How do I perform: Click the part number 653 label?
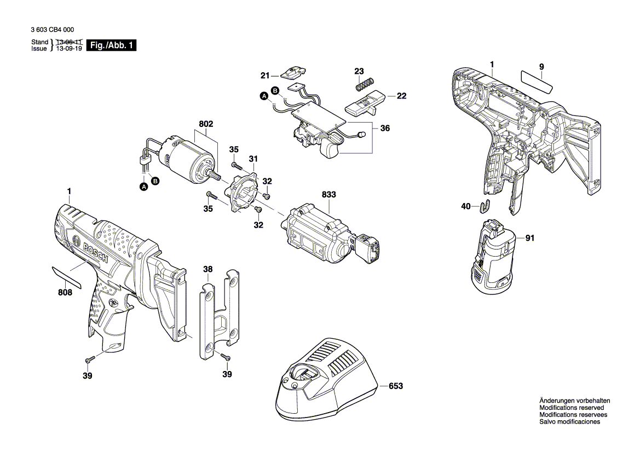(395, 386)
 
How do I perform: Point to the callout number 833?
(329, 195)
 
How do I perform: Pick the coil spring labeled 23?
(364, 85)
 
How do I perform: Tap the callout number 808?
(65, 293)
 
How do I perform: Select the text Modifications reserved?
(572, 408)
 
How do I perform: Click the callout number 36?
(385, 129)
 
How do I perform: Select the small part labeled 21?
(295, 72)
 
